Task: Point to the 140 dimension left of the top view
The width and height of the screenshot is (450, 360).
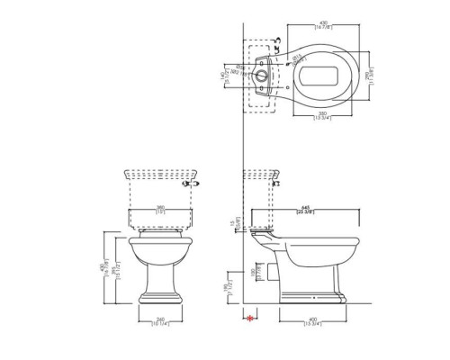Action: coord(225,78)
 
